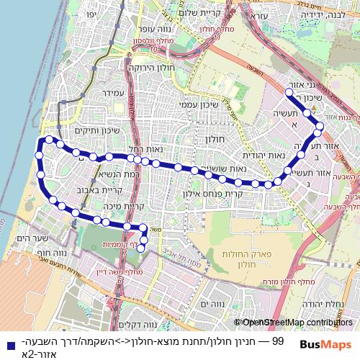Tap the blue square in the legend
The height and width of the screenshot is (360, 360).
click(x=6, y=345)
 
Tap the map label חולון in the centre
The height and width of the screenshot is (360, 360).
click(x=215, y=139)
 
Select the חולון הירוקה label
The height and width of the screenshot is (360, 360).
click(x=148, y=66)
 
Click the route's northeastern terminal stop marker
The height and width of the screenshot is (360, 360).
click(x=288, y=93)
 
